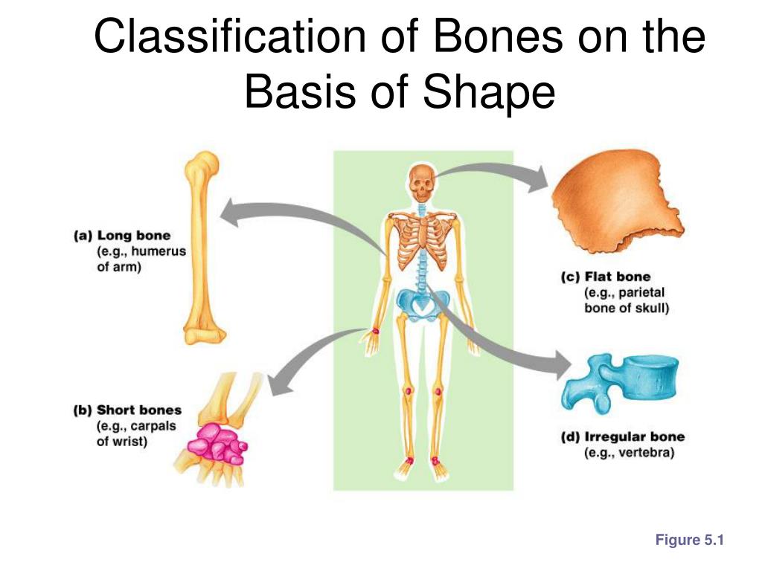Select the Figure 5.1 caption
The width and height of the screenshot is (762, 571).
point(689,541)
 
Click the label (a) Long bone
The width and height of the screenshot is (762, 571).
point(122,236)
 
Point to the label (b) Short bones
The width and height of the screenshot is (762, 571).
point(127,410)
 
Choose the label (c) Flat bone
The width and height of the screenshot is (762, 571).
point(606,277)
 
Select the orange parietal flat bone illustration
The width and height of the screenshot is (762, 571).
point(618,200)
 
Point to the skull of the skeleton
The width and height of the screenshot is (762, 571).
point(421,182)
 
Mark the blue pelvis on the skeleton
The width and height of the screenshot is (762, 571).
point(423,301)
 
